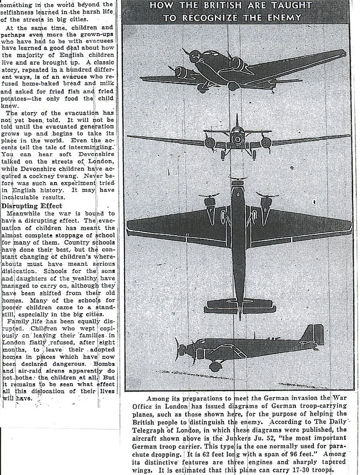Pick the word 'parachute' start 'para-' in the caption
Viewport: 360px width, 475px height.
(341, 446)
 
